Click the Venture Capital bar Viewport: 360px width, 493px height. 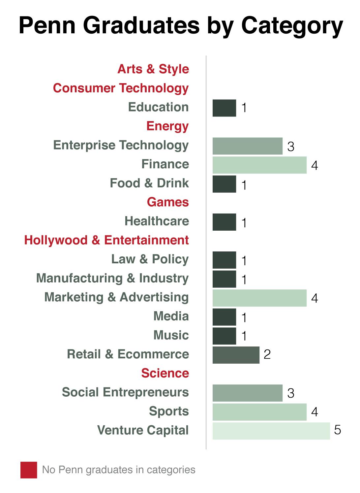pyautogui.click(x=271, y=431)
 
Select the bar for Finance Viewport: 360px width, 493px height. pyautogui.click(x=259, y=165)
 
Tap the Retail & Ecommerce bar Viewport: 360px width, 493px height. pyautogui.click(x=236, y=355)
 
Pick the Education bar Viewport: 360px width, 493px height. pyautogui.click(x=224, y=108)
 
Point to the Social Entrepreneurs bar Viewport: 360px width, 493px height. pyautogui.click(x=247, y=393)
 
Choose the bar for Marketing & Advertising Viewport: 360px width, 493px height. pyautogui.click(x=259, y=298)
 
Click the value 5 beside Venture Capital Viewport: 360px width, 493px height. pyautogui.click(x=337, y=430)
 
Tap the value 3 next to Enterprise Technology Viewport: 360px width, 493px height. pyautogui.click(x=290, y=147)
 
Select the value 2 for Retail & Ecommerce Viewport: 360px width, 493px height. pyautogui.click(x=267, y=354)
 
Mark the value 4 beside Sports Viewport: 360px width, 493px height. pyautogui.click(x=315, y=412)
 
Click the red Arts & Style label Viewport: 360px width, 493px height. pyautogui.click(x=153, y=69)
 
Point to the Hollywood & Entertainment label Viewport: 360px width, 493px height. pyautogui.click(x=106, y=240)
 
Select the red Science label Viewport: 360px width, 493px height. pyautogui.click(x=165, y=373)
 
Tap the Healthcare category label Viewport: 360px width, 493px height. pyautogui.click(x=157, y=221)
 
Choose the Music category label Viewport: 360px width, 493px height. pyautogui.click(x=171, y=335)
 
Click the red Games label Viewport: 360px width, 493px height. pyautogui.click(x=168, y=202)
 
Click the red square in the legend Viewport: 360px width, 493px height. pyautogui.click(x=29, y=470)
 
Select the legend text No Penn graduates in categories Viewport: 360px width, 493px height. pyautogui.click(x=119, y=470)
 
